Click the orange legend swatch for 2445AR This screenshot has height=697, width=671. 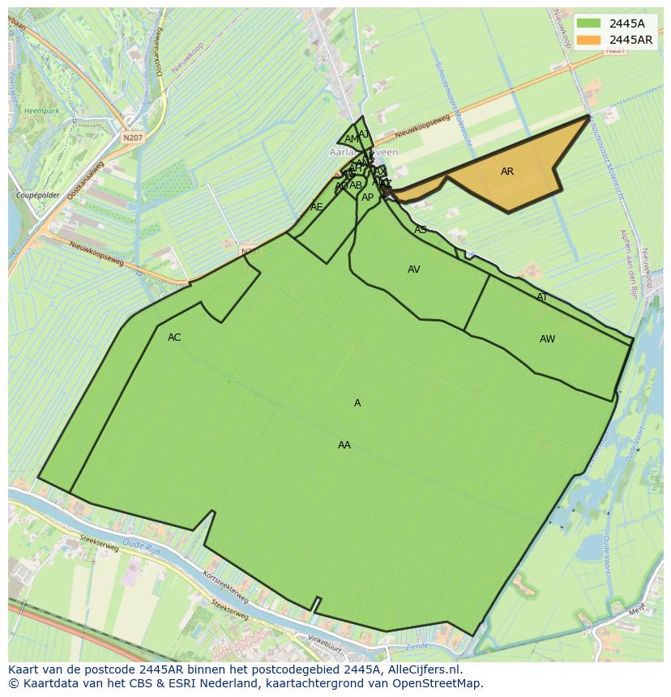coord(589,40)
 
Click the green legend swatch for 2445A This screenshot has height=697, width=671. coord(589,23)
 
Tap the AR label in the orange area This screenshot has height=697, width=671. coord(507,172)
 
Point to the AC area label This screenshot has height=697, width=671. coord(174,338)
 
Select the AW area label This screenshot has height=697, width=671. coord(548,339)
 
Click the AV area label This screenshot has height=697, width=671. coord(414,270)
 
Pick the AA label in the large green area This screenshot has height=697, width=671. coord(344,445)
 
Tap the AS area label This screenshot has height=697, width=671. coord(421,230)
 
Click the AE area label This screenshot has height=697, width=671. coord(317,207)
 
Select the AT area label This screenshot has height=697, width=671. coord(542,297)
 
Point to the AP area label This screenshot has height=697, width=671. coord(368,198)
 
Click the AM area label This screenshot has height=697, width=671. coord(351,139)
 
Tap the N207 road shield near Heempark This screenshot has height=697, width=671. coord(132,138)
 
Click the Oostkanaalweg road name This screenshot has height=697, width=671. coord(87,181)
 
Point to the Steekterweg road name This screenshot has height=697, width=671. coord(99,543)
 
